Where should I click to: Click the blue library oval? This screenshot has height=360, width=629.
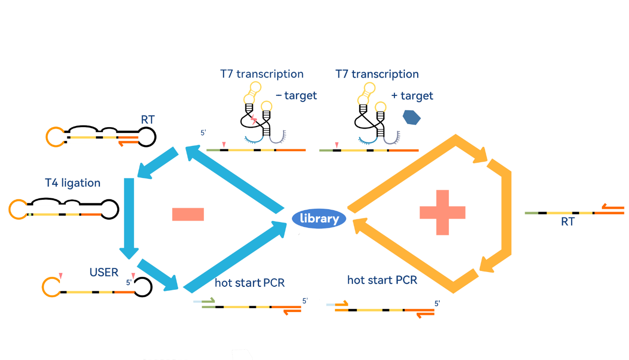[x=319, y=219]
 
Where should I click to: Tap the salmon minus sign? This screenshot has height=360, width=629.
[x=188, y=214]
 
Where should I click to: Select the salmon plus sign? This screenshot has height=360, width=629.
[x=442, y=212]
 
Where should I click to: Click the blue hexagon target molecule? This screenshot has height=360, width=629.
[x=411, y=117]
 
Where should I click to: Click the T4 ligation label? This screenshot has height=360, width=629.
[x=72, y=183]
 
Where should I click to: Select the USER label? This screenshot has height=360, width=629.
[x=104, y=272]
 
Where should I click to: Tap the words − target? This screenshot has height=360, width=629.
[x=296, y=95]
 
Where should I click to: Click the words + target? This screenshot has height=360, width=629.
[x=412, y=95]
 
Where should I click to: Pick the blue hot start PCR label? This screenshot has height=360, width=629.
[x=249, y=283]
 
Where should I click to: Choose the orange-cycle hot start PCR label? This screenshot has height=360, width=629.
[x=382, y=280]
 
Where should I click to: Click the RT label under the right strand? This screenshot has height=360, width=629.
[x=568, y=222]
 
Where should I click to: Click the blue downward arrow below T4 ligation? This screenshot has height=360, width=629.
[x=129, y=218]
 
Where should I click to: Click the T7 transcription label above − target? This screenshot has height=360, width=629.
[x=262, y=74]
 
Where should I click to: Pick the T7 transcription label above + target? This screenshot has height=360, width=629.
[x=377, y=74]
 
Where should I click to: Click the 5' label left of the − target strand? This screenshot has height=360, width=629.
[x=202, y=133]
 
